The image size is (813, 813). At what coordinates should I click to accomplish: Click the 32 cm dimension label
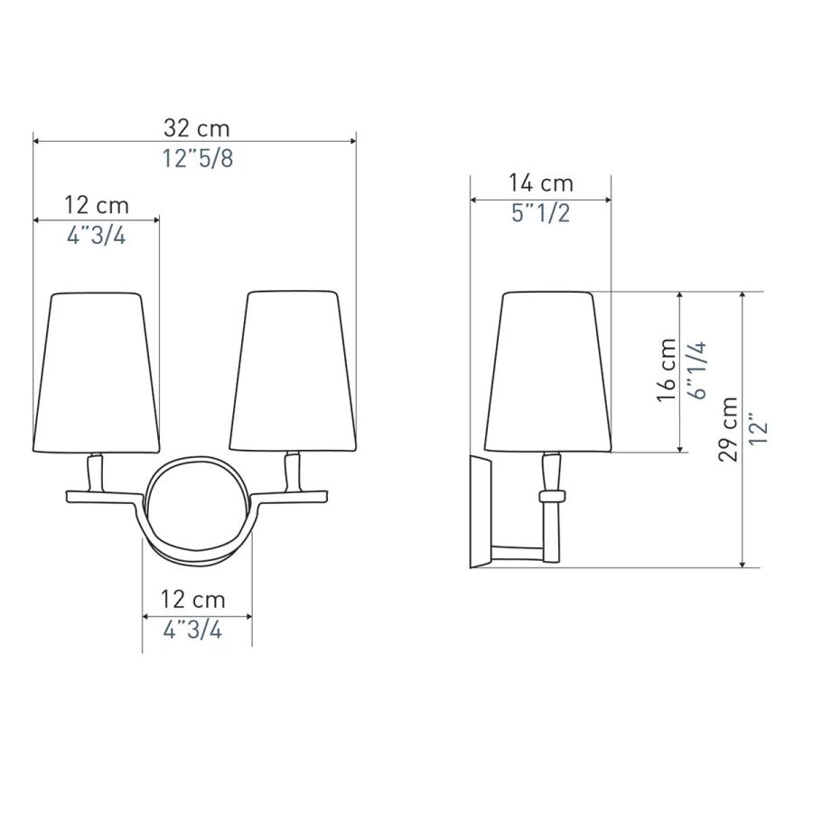click(x=196, y=128)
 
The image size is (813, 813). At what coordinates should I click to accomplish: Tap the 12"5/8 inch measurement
click(x=198, y=158)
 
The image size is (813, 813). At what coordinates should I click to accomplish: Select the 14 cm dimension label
click(x=540, y=183)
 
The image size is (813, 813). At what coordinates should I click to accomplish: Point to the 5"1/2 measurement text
click(x=540, y=213)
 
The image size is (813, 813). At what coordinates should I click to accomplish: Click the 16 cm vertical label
click(x=667, y=369)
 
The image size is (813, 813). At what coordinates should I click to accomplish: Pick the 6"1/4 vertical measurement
click(x=697, y=370)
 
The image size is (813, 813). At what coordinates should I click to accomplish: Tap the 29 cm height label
click(x=728, y=429)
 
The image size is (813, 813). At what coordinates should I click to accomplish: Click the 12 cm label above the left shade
click(x=97, y=205)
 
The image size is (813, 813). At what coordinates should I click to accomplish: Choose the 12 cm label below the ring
click(x=192, y=600)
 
